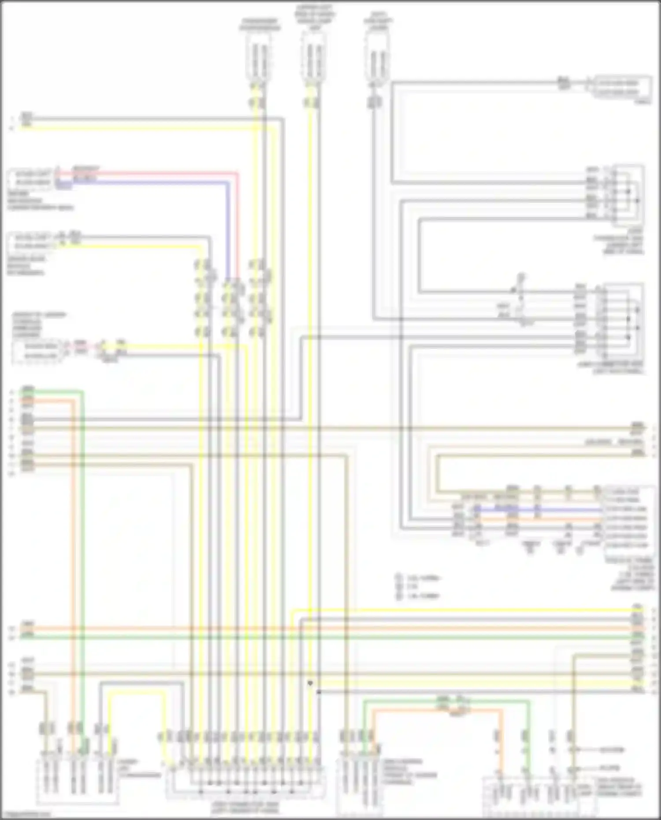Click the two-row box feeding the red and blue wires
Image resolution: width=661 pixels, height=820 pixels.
[30, 178]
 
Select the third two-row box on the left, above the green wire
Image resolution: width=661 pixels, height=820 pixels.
[37, 351]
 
